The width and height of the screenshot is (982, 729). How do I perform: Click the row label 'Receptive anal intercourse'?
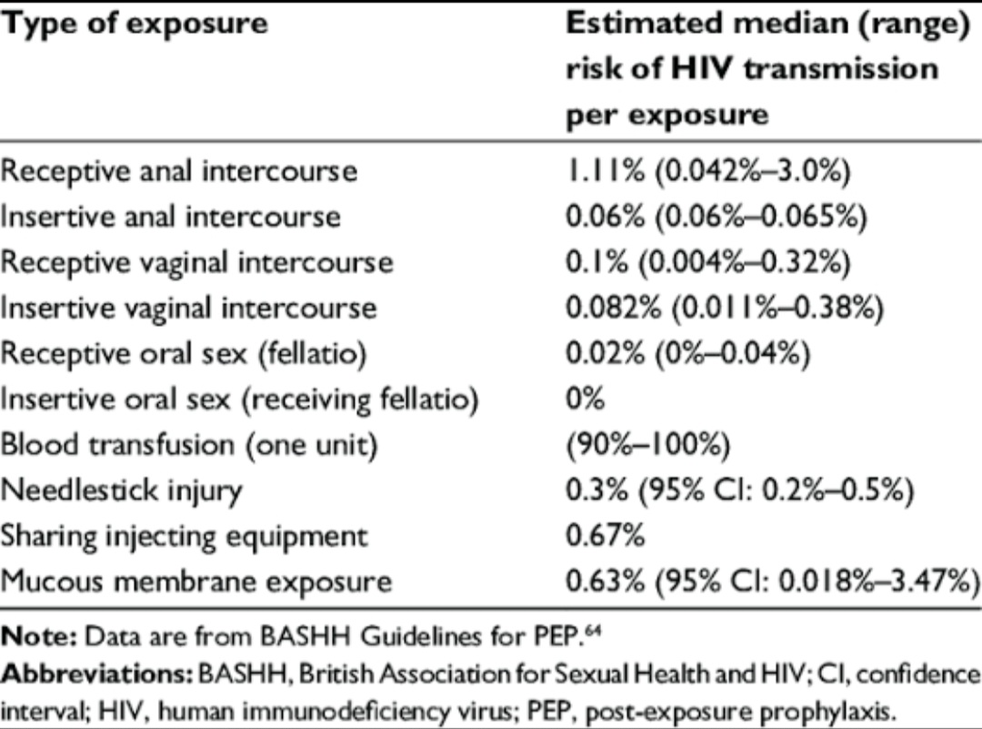(x=178, y=172)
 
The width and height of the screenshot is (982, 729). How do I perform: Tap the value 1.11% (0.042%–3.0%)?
(x=708, y=171)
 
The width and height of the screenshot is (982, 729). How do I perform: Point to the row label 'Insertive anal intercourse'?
(x=170, y=217)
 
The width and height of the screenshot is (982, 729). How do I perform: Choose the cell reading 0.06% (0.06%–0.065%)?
(x=716, y=217)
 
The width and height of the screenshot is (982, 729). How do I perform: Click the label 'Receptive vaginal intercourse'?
(x=196, y=263)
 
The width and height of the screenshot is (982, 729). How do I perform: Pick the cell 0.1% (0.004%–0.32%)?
(x=708, y=263)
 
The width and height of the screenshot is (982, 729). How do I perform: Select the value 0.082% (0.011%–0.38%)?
(x=725, y=309)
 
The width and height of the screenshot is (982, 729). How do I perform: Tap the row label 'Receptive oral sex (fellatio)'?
(x=184, y=354)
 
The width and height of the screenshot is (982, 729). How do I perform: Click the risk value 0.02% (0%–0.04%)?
(x=688, y=354)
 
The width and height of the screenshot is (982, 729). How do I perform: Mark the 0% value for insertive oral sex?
(x=586, y=400)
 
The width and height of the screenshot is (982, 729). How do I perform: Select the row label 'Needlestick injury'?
(x=121, y=491)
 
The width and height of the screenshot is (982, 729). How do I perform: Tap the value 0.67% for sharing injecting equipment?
(x=605, y=536)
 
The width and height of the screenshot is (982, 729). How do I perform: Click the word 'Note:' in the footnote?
(x=39, y=637)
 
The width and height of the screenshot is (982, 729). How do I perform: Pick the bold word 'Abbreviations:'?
(x=97, y=674)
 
